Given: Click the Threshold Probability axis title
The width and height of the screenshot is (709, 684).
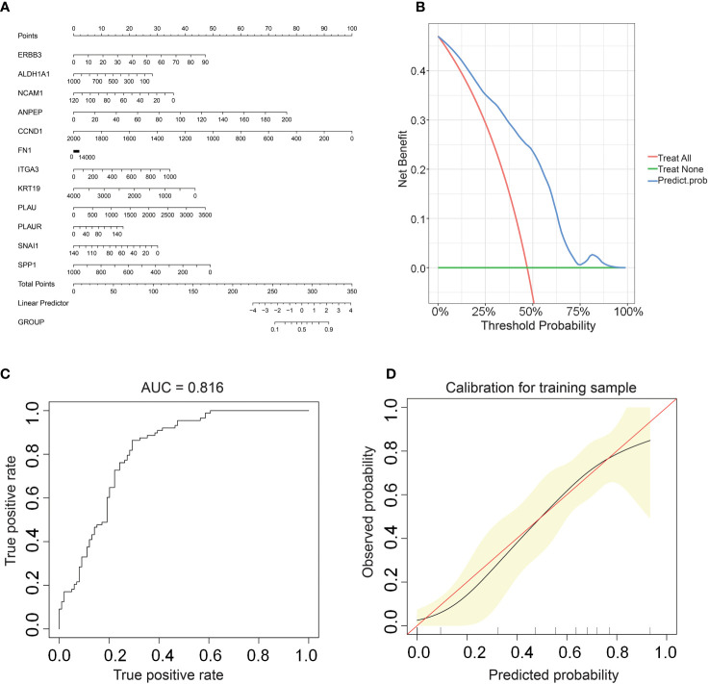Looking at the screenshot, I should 533,325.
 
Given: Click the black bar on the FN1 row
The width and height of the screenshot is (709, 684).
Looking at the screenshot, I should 77,151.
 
